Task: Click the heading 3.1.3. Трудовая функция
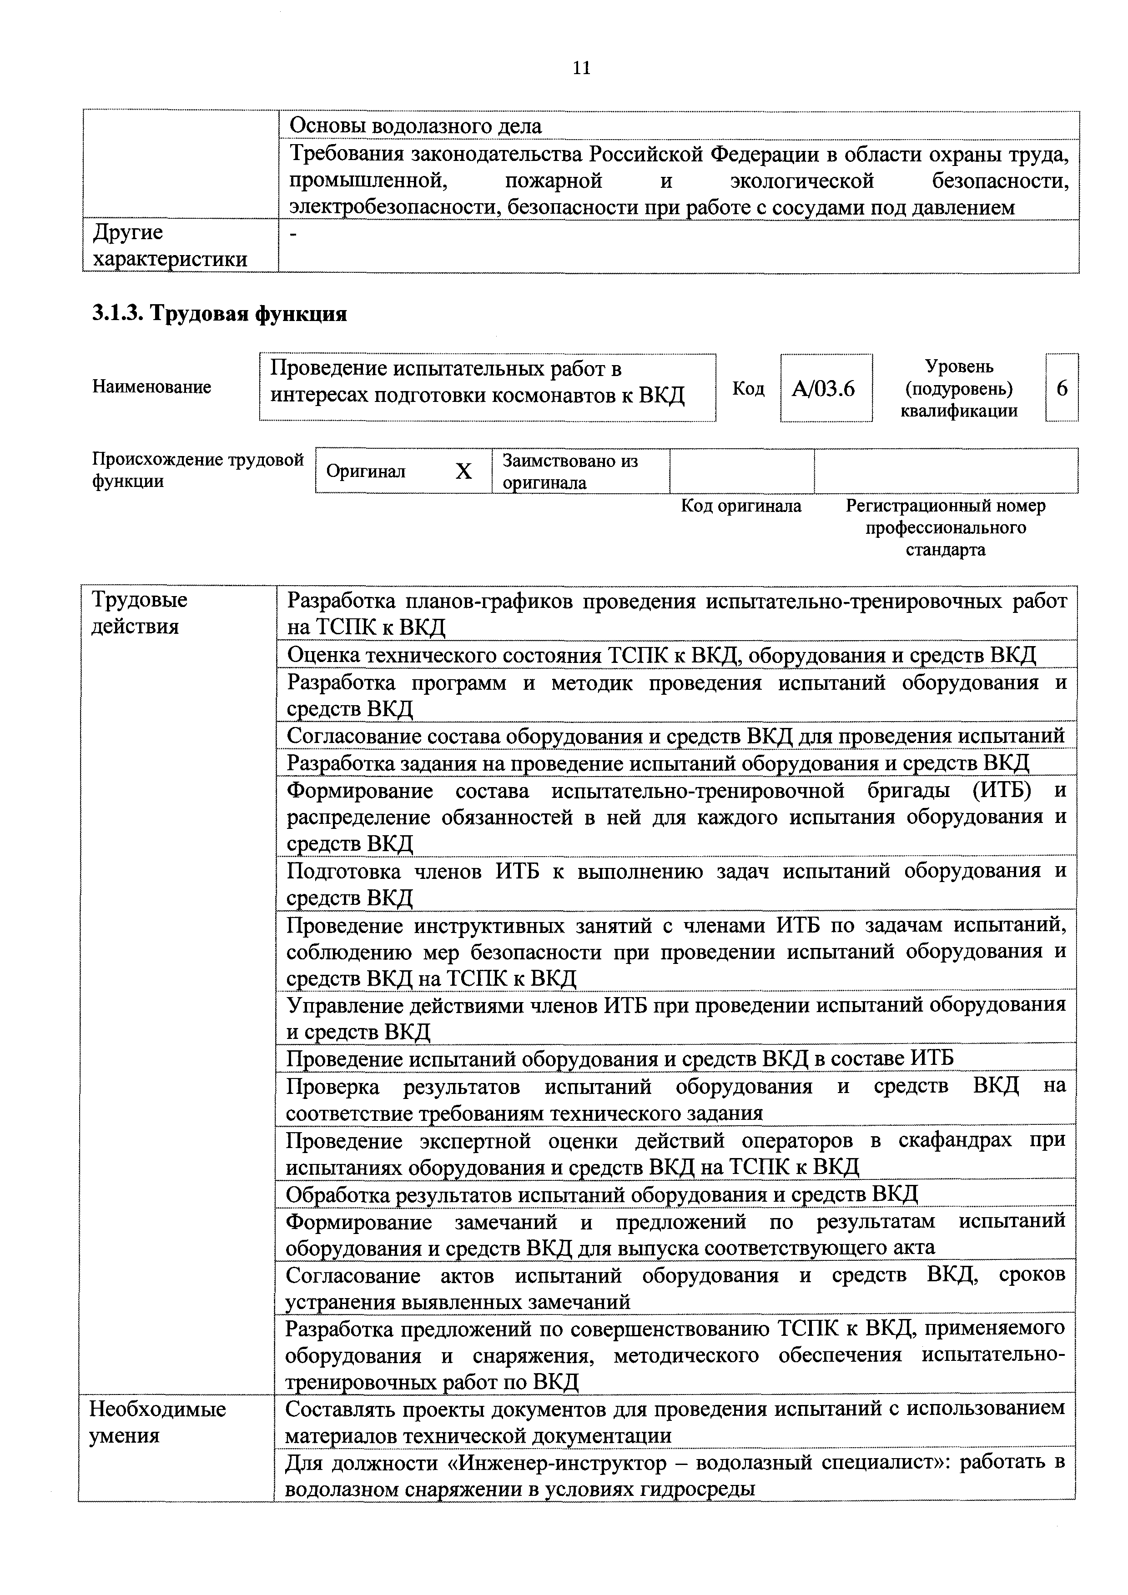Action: [220, 314]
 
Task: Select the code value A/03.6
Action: [825, 388]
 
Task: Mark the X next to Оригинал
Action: [463, 471]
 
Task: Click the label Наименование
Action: [151, 387]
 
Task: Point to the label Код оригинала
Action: [741, 506]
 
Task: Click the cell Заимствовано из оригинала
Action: [570, 471]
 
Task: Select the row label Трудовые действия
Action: [140, 613]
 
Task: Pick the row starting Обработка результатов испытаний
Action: [602, 1194]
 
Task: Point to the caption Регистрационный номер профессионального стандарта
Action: [945, 527]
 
